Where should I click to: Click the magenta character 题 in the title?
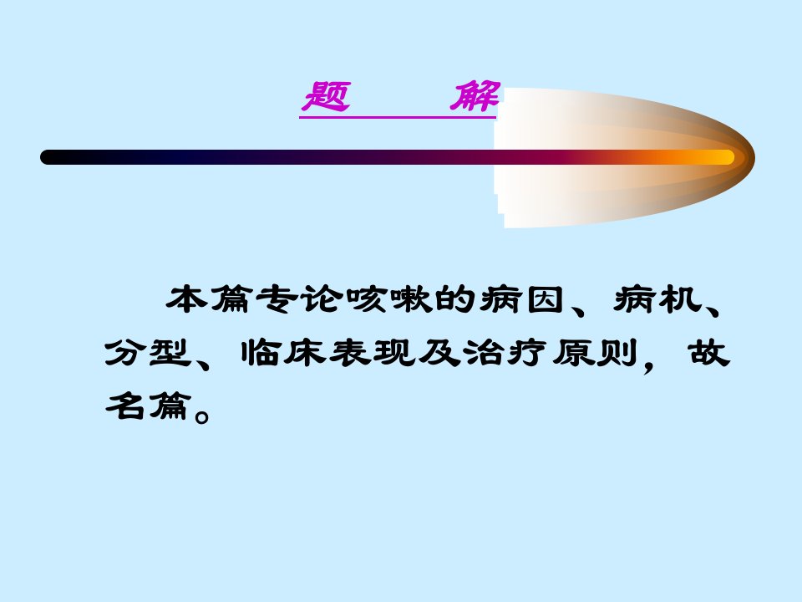326,96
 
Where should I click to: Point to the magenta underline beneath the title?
398,118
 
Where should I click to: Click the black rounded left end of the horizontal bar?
47,157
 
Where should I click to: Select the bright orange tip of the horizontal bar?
725,157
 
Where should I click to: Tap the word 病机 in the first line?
657,299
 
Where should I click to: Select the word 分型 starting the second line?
149,353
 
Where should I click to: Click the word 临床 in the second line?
283,353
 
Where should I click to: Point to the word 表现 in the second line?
373,353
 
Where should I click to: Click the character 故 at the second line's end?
709,353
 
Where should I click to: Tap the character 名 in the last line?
124,406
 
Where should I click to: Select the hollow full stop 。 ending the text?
202,416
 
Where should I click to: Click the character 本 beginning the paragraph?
186,299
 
